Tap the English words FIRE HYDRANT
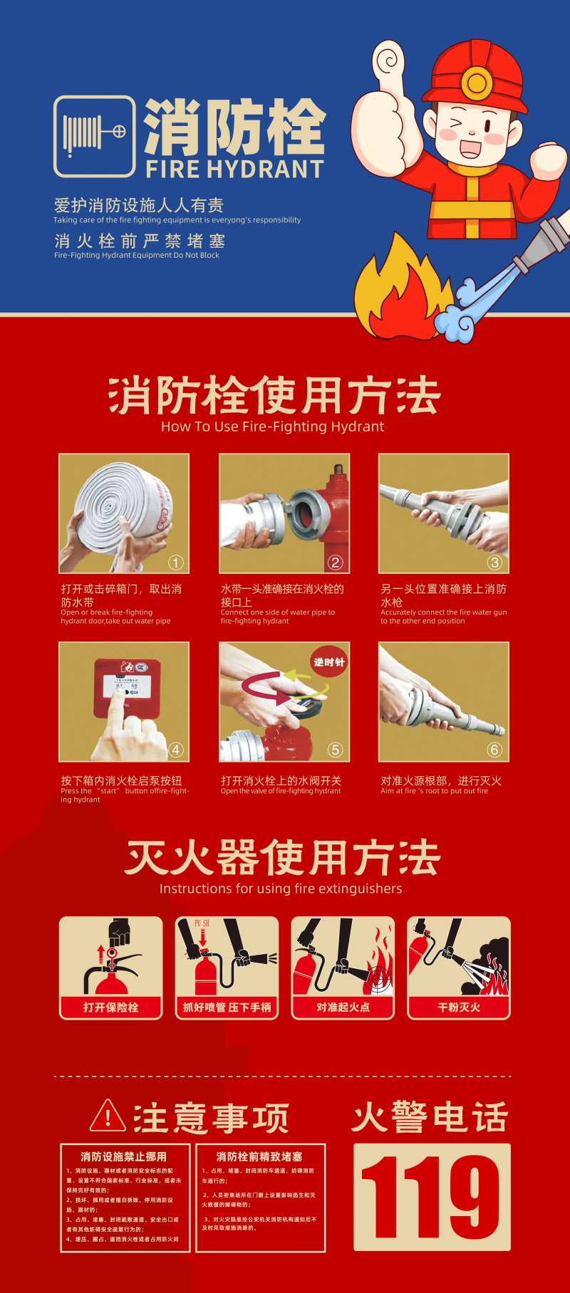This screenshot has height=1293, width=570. pos(234,169)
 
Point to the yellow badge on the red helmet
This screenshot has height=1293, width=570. pos(475,81)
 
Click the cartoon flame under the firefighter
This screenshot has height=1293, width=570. pos(399,292)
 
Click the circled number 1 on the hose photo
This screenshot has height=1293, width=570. pos(175,562)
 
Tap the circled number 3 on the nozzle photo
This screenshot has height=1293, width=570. pos(494,562)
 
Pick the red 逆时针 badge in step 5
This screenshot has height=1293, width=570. pos(329,662)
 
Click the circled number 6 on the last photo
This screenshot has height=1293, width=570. pos(494,750)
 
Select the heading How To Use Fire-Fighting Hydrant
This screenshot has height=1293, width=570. pos(272,426)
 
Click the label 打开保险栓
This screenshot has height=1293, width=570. pos(110,1007)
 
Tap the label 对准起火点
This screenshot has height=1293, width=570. pos(343,1007)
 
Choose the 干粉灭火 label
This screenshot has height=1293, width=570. pos(459,1007)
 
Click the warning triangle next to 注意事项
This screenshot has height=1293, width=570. pos(108,1116)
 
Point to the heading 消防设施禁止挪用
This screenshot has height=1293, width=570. pos(123,1156)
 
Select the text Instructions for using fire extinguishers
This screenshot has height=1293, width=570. pos(281,889)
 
